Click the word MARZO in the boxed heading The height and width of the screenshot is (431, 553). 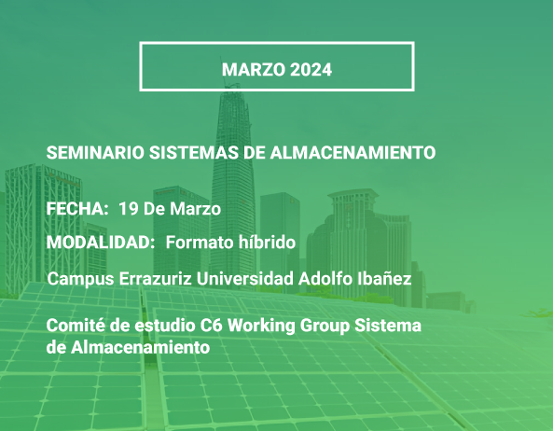coord(254,69)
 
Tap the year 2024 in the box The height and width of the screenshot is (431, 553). coord(311,69)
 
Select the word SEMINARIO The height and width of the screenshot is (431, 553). coord(95,153)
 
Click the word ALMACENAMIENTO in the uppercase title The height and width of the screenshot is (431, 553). coord(353,153)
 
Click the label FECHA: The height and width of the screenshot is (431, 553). coord(77,208)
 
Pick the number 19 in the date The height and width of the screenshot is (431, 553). coord(129,208)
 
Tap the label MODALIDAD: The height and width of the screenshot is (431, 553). coord(101,243)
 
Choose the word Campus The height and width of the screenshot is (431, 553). coord(81,279)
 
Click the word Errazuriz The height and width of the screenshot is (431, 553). coord(155,279)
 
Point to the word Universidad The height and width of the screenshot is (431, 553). coord(244,279)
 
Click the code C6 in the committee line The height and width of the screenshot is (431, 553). coord(212,326)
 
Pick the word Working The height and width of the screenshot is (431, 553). coord(261,326)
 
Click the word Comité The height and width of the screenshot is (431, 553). coord(76,326)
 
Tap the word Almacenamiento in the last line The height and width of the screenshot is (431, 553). coord(141,347)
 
